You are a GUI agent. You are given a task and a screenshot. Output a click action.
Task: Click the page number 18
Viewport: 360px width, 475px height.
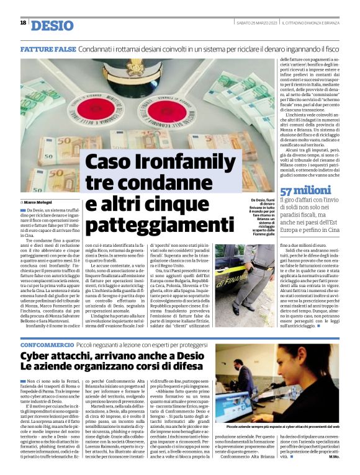[23, 23]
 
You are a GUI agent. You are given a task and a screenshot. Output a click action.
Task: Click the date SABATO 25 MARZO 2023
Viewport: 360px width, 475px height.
[255, 23]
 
